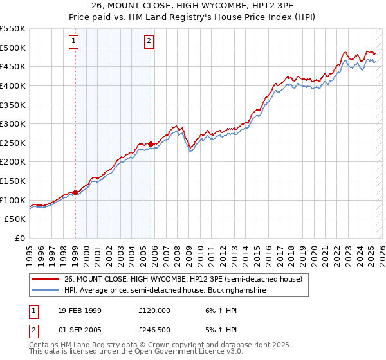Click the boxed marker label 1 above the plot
pos(75,42)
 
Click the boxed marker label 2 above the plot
pos(149,42)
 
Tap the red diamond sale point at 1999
pos(76,192)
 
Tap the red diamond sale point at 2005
pos(151,144)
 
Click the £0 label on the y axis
pos(19,238)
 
